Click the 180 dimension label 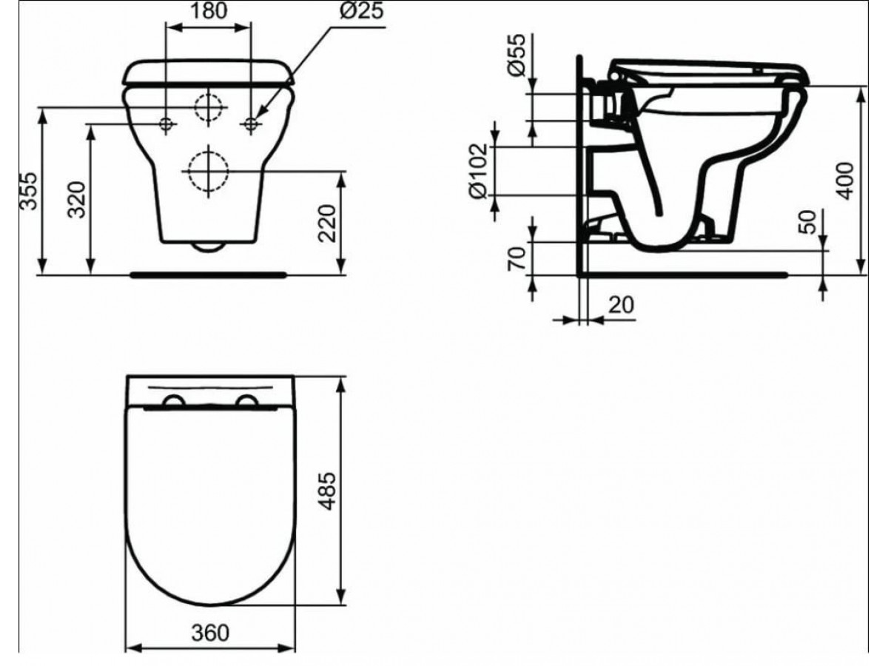tap(209, 10)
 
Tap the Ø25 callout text tap(361, 10)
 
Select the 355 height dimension tap(29, 191)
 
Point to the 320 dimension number tap(76, 200)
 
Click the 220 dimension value tap(327, 223)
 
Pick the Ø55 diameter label tap(517, 55)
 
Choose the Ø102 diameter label tap(479, 171)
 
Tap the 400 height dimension tap(845, 181)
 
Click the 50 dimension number tap(808, 222)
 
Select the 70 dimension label tap(517, 258)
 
